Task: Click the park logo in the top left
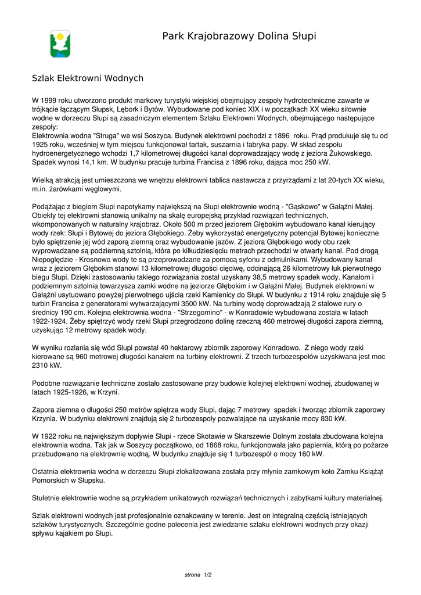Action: [x=60, y=44]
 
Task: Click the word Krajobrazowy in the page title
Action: [x=218, y=37]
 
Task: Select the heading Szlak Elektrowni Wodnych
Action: [x=88, y=78]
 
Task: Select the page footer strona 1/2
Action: [x=198, y=575]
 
